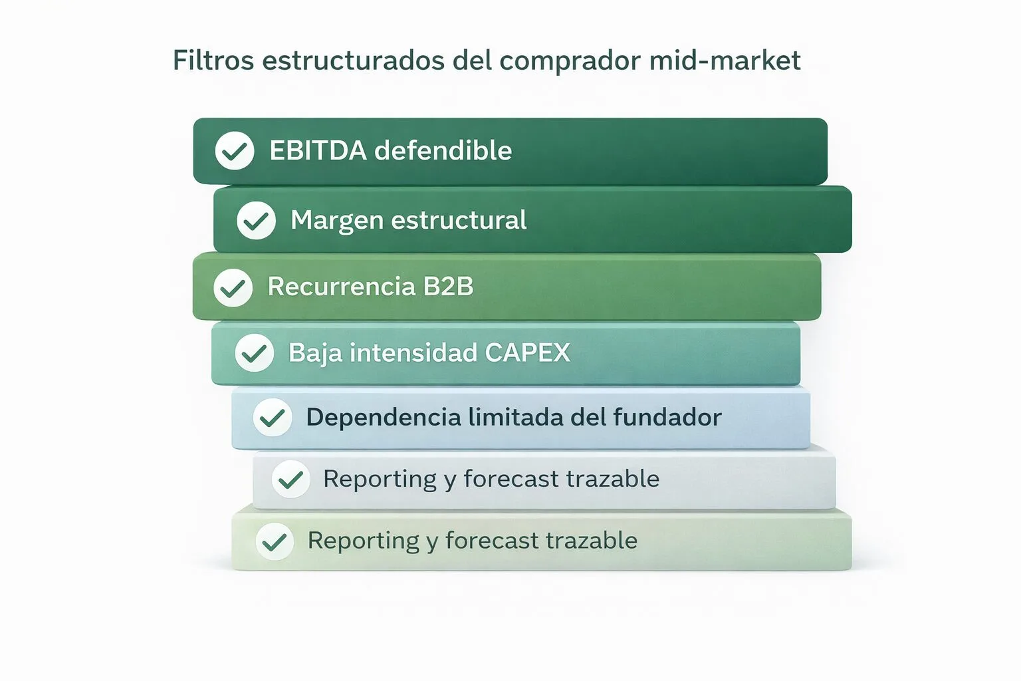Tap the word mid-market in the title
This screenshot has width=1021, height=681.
click(725, 61)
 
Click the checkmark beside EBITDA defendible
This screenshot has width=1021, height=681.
click(235, 151)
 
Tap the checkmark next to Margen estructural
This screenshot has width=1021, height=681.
click(256, 220)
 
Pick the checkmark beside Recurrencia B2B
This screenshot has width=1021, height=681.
click(233, 287)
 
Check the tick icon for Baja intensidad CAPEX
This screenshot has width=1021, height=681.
click(254, 352)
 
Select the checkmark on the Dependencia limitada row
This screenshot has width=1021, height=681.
click(273, 418)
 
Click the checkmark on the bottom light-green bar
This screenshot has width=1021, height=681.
click(275, 541)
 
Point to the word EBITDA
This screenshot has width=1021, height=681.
click(318, 151)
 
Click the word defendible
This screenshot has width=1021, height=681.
click(443, 151)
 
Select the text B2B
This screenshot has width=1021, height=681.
click(448, 287)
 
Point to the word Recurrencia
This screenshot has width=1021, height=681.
click(341, 287)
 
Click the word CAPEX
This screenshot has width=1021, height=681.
click(527, 352)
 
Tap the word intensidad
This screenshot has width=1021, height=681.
click(413, 352)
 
